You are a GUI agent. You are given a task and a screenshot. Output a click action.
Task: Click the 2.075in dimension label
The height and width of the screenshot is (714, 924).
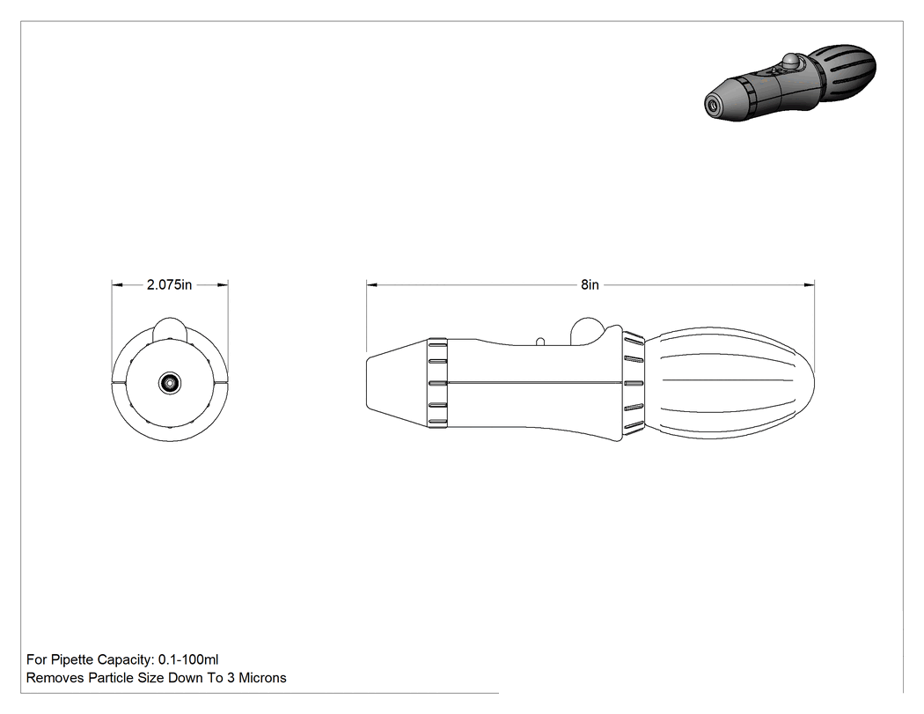[x=169, y=284]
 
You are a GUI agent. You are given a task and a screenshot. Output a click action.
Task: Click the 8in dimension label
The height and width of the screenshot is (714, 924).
[x=590, y=284]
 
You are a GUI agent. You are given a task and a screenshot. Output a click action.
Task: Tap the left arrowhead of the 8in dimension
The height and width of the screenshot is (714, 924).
[x=372, y=284]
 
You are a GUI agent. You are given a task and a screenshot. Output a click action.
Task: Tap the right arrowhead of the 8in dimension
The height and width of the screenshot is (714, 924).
[x=809, y=284]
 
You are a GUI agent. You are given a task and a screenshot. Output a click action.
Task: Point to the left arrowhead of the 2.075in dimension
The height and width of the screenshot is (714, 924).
[x=117, y=284]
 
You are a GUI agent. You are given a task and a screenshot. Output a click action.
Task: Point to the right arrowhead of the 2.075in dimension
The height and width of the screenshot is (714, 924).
[x=222, y=284]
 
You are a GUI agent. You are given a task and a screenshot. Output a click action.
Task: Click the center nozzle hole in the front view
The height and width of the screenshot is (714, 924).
[x=170, y=383]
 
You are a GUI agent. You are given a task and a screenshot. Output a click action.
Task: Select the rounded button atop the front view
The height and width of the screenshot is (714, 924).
[x=170, y=328]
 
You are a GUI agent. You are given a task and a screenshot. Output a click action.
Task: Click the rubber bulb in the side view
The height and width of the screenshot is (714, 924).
[x=730, y=383]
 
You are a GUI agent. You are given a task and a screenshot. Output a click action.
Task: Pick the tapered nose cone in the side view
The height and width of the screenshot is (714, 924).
[x=398, y=383]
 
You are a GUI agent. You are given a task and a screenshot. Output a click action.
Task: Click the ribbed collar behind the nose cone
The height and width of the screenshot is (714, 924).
[x=438, y=383]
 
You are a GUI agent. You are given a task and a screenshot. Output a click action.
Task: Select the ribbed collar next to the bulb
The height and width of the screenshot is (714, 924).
[x=634, y=383]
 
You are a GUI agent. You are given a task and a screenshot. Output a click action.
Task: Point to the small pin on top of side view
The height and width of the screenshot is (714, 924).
[x=539, y=341]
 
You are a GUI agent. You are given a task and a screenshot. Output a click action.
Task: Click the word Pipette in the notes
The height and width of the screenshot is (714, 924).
[x=72, y=659]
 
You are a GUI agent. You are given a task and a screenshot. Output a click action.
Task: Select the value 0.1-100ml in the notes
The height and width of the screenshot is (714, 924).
[x=188, y=659]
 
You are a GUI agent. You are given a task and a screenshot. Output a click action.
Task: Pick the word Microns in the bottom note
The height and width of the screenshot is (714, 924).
[x=262, y=678]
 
